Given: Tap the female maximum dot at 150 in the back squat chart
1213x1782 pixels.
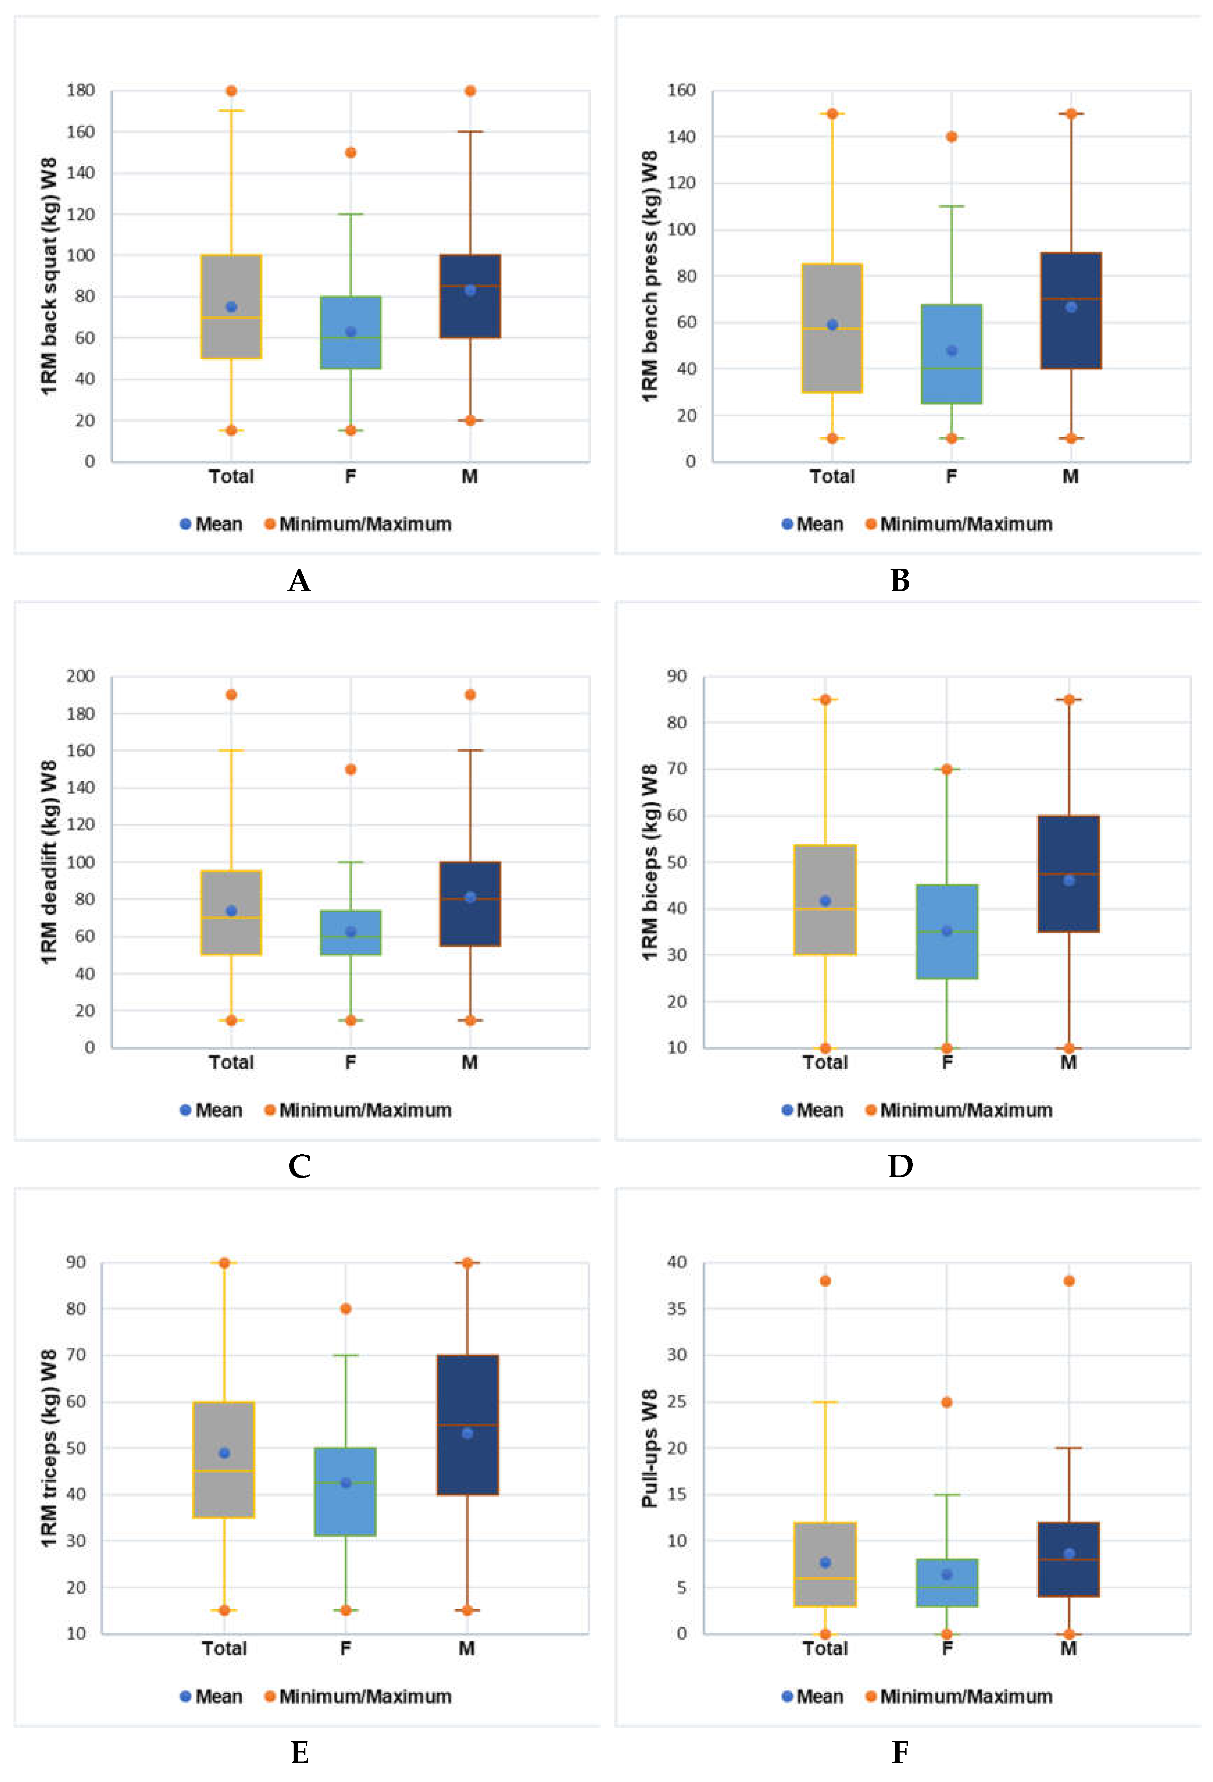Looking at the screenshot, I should tap(351, 153).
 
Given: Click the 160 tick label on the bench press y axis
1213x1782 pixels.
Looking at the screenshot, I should tap(681, 91).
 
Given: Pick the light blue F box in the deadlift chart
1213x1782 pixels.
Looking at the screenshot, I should tap(351, 932).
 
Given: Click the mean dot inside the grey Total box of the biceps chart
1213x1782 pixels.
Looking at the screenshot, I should tap(825, 901).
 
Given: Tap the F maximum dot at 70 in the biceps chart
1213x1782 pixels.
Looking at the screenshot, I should tap(947, 769).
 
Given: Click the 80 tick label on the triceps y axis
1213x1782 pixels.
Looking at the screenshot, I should tap(76, 1309).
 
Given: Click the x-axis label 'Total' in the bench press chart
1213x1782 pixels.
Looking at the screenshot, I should tap(832, 477).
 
